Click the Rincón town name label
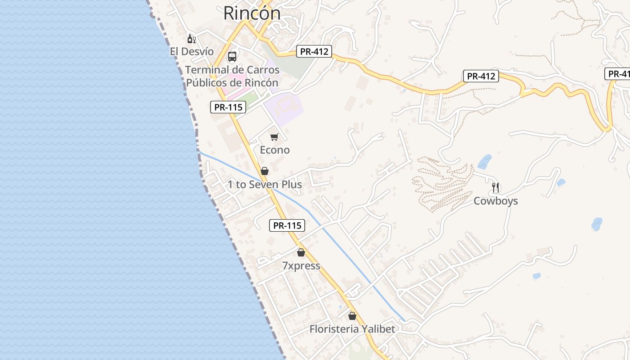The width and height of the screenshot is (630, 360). [252, 13]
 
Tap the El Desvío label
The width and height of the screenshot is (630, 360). [192, 51]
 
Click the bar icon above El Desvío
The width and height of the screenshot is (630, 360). [191, 39]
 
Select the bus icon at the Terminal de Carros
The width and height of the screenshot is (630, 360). [232, 57]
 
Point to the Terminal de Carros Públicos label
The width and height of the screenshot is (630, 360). [232, 76]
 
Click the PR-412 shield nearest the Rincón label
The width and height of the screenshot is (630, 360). [314, 51]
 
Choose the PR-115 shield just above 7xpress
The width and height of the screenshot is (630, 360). [287, 225]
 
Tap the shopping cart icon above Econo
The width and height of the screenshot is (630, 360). [274, 137]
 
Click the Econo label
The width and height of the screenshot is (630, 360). [274, 150]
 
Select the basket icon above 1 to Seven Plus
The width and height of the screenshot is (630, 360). [265, 171]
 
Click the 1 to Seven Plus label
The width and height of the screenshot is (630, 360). [265, 184]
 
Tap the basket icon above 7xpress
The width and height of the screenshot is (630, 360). [301, 252]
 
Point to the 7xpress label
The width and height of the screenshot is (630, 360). [301, 266]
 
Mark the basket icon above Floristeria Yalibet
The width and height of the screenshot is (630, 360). [352, 316]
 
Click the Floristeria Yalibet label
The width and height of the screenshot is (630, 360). [352, 329]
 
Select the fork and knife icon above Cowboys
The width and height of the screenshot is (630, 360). [495, 188]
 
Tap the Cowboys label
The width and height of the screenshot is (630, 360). [495, 201]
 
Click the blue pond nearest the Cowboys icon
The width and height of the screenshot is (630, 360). [484, 162]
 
